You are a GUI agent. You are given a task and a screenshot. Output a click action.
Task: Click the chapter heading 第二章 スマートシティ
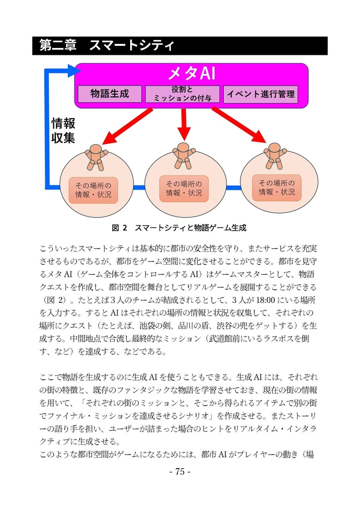click(x=107, y=46)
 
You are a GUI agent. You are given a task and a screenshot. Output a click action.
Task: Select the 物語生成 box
click(x=110, y=94)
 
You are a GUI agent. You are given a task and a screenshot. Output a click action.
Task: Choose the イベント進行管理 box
click(x=261, y=94)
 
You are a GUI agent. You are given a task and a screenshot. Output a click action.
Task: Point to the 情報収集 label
click(x=63, y=131)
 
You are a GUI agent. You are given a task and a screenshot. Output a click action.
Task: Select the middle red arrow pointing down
click(x=183, y=125)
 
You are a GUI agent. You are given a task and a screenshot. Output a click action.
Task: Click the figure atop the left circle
click(x=96, y=156)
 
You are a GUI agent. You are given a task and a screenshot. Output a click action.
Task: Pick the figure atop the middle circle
click(x=183, y=155)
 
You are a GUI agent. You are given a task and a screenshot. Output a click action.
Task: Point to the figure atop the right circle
click(x=274, y=154)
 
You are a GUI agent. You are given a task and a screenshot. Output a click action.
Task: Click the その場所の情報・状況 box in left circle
click(x=93, y=190)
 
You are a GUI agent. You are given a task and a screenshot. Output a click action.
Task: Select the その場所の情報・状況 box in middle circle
click(x=183, y=189)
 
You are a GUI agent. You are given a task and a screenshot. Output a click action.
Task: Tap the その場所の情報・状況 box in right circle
click(x=277, y=187)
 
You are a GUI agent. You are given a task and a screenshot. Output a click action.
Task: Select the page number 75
click(x=180, y=472)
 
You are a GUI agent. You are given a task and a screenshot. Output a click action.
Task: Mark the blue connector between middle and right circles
click(x=232, y=188)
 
